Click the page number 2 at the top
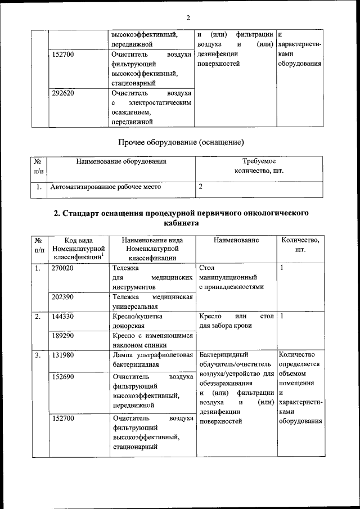[180, 16]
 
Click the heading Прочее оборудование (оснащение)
[180, 142]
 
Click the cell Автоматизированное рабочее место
[106, 187]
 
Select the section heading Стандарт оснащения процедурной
[180, 218]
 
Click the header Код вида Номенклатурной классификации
[78, 249]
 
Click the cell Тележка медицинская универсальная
[152, 301]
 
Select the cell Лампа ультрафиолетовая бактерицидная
[152, 360]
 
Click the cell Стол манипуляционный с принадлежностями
[236, 277]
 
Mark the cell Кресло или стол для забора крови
[236, 321]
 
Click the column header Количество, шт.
[300, 245]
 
